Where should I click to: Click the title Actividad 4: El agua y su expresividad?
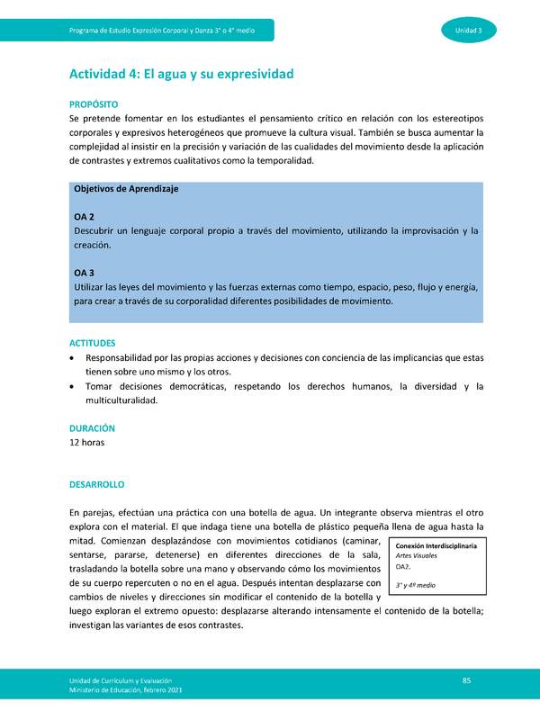pyautogui.click(x=182, y=73)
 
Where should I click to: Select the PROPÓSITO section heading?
pyautogui.click(x=94, y=104)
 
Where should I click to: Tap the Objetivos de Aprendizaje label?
pyautogui.click(x=126, y=189)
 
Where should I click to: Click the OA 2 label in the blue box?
pyautogui.click(x=85, y=217)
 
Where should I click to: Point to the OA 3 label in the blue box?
pyautogui.click(x=85, y=272)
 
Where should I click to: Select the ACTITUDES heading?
pyautogui.click(x=94, y=343)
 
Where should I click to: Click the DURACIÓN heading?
pyautogui.click(x=93, y=428)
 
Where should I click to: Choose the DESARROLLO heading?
pyautogui.click(x=97, y=484)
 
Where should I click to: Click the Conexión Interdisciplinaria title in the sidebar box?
pyautogui.click(x=436, y=545)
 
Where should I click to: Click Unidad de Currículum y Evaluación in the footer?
pyautogui.click(x=127, y=679)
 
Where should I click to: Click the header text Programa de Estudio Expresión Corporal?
pyautogui.click(x=162, y=31)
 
